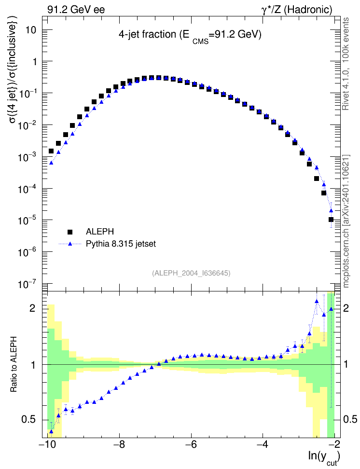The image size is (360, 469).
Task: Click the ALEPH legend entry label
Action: pos(99,232)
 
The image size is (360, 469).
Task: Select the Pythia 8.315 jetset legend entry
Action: pos(121,244)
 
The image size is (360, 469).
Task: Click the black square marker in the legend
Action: pos(70,232)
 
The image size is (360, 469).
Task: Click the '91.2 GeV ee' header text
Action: pos(76,10)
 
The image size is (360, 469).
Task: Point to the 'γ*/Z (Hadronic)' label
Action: pos(297,10)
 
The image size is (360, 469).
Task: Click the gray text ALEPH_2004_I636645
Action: pos(191,273)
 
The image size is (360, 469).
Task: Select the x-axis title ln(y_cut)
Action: pos(324,457)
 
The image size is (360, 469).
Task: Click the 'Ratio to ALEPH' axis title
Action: pos(14,364)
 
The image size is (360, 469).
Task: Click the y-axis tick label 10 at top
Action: pos(31,30)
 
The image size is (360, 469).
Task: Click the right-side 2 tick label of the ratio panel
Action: pos(346,308)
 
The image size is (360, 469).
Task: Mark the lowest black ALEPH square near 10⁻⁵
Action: pos(331,220)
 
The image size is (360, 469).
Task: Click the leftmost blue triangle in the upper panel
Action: pos(51,163)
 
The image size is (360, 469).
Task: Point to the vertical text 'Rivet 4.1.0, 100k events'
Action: pos(346,64)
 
